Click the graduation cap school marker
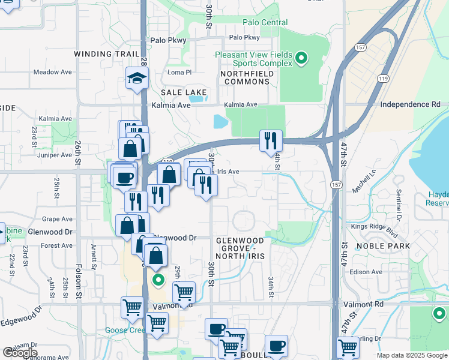point(137,78)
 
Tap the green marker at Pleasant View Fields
point(301,58)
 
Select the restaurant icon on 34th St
point(271,140)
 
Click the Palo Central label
point(265,23)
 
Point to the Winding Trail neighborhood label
point(102,54)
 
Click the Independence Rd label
point(410,104)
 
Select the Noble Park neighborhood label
point(383,246)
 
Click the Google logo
point(20,352)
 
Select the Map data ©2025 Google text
point(412,355)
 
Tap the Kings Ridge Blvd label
point(375,226)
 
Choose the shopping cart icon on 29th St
point(184,293)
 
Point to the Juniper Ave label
point(55,155)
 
